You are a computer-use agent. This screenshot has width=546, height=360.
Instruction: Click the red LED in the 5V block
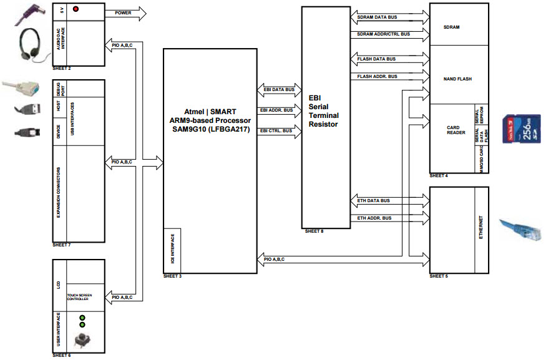pyautogui.click(x=76, y=9)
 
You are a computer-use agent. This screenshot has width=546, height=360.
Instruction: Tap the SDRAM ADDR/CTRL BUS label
pyautogui.click(x=384, y=34)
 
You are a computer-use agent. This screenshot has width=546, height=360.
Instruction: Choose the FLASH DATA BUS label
pyautogui.click(x=376, y=59)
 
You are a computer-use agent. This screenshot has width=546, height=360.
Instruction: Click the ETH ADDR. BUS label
pyautogui.click(x=374, y=218)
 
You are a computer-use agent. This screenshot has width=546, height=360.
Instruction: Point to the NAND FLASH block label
pyautogui.click(x=457, y=79)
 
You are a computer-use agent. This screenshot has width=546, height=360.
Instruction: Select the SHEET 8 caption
pyautogui.click(x=314, y=231)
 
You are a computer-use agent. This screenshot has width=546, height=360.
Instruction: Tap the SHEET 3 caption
pyautogui.click(x=173, y=276)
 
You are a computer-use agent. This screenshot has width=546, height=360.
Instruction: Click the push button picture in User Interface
pyautogui.click(x=81, y=340)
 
